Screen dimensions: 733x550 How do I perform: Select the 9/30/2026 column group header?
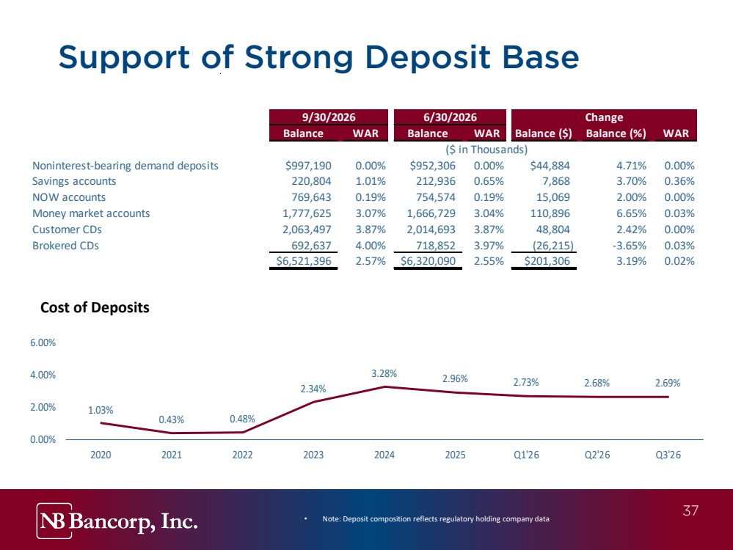point(329,117)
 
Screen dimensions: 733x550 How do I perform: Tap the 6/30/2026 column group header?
point(450,117)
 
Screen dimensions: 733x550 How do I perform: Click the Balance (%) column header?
point(616,133)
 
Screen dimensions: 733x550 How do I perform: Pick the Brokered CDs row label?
point(65,246)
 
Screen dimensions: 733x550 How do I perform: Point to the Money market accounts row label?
point(91,213)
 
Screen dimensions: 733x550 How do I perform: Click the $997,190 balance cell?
point(308,166)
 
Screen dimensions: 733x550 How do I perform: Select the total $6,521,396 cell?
point(304,261)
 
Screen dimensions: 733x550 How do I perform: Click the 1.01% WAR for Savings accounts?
point(371,181)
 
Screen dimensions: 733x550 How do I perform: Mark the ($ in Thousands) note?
point(486,150)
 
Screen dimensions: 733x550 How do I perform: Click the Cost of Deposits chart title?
point(95,307)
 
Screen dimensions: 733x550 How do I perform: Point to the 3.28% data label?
point(384,373)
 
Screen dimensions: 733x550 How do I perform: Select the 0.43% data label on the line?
point(172,419)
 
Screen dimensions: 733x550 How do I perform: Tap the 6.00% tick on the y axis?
point(43,342)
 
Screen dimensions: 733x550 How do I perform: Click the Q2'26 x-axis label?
point(597,455)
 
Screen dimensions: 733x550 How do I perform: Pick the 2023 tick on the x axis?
point(313,455)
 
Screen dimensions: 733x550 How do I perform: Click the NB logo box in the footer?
point(54,521)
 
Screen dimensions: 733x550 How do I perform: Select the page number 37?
point(690,510)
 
